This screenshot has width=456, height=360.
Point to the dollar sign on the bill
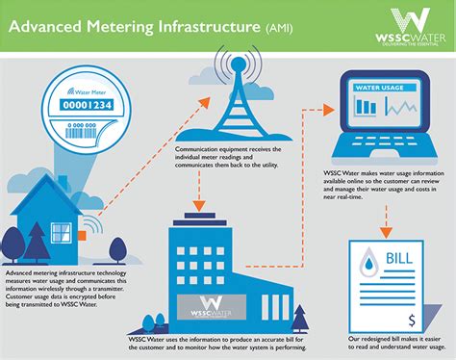click(411, 318)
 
